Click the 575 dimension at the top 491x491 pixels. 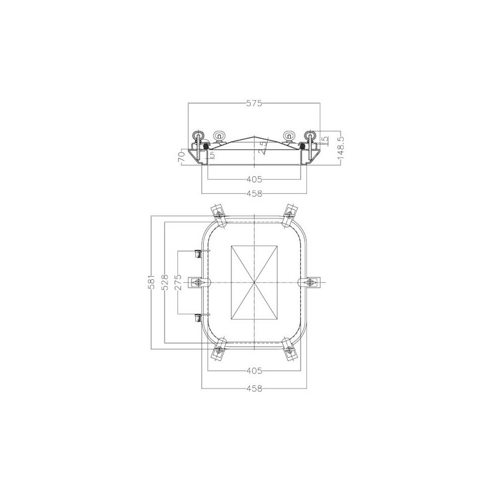point(254,103)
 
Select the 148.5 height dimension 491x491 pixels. point(341,147)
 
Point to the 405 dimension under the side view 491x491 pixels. point(254,179)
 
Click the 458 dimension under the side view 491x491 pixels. point(254,194)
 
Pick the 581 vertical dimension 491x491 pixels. point(152,282)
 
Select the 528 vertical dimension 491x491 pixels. point(165,282)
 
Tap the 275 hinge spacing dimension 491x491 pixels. point(179,282)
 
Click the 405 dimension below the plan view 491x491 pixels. point(254,371)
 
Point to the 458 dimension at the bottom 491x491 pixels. point(254,389)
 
